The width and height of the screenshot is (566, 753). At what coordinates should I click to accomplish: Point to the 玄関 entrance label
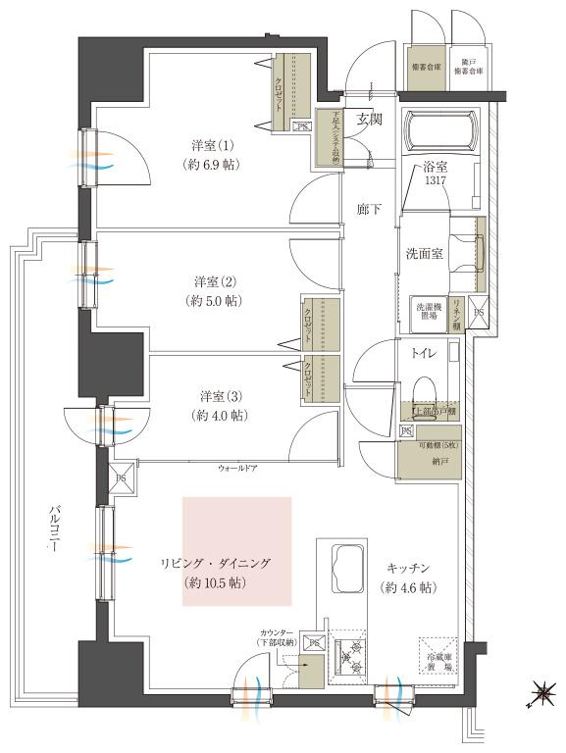pyautogui.click(x=369, y=120)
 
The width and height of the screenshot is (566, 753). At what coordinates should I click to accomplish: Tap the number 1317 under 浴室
pyautogui.click(x=436, y=181)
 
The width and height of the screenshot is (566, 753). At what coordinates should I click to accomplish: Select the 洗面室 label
pyautogui.click(x=425, y=253)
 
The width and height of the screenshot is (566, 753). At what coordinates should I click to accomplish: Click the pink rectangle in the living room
pyautogui.click(x=236, y=549)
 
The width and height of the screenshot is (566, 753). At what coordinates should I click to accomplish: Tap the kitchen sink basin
pyautogui.click(x=348, y=568)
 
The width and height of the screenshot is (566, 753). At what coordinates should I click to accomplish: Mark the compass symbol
pyautogui.click(x=540, y=697)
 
